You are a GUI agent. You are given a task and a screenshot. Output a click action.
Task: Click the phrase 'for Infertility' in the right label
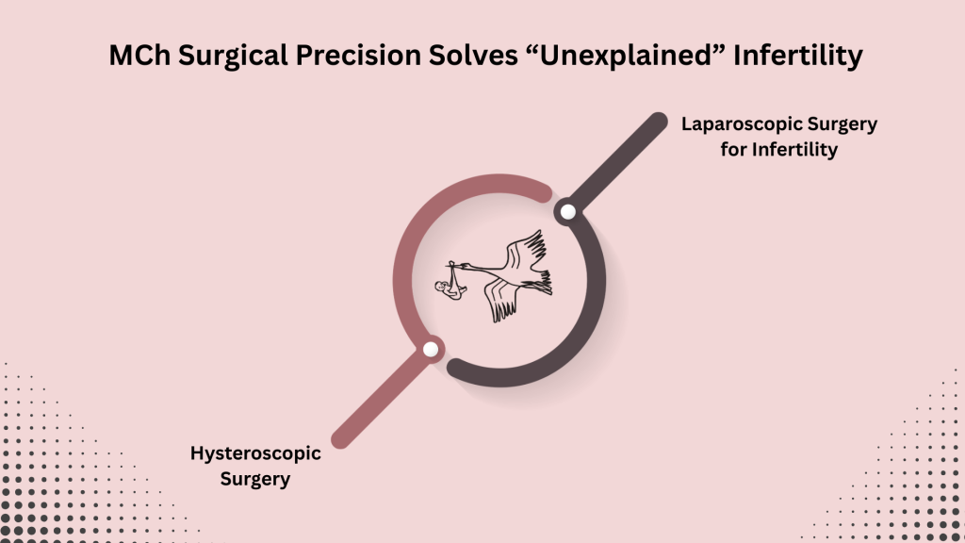point(778,149)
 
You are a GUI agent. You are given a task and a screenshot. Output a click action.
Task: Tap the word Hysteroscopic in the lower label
point(255,453)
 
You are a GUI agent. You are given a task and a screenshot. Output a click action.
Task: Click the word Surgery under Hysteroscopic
point(255,478)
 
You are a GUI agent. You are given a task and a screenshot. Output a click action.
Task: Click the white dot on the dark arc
point(567,212)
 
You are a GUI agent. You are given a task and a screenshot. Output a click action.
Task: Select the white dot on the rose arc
point(431,350)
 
